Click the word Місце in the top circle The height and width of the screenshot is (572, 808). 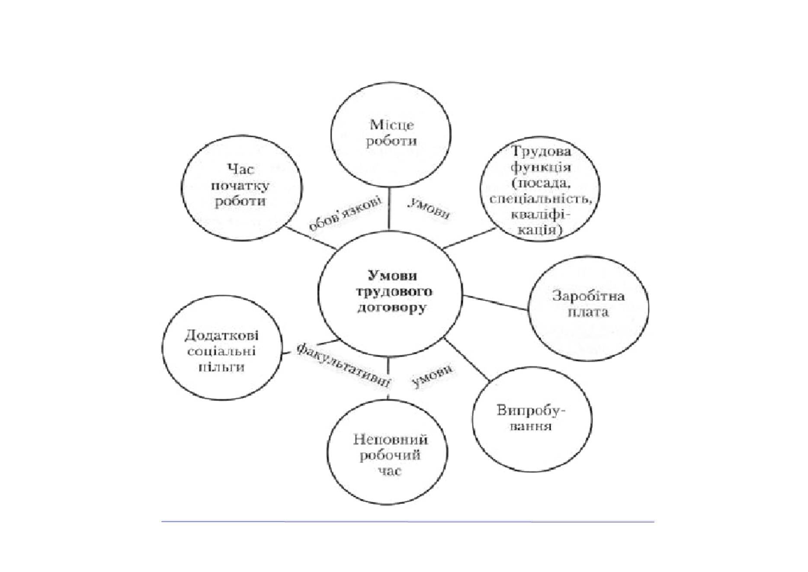[391, 125]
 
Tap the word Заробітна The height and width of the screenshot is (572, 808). [588, 296]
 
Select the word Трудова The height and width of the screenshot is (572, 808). [541, 151]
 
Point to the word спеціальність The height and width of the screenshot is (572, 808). [540, 199]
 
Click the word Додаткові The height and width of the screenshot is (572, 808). [221, 335]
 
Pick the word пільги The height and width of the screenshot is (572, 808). [221, 367]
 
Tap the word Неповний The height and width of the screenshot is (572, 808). [390, 440]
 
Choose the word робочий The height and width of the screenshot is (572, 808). [390, 455]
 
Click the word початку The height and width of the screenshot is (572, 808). [240, 186]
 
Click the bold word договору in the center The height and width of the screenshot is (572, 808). [391, 308]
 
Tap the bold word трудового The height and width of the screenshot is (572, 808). [394, 292]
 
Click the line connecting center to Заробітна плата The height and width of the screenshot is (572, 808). [495, 303]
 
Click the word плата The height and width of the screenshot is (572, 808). [588, 312]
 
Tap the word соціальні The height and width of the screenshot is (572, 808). [221, 351]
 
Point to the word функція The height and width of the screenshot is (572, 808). [541, 167]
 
